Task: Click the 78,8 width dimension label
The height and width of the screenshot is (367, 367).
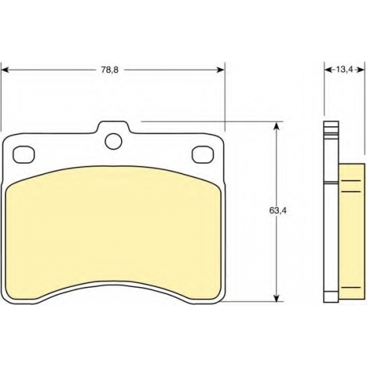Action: [110, 70]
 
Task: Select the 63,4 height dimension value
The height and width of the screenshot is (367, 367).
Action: [277, 211]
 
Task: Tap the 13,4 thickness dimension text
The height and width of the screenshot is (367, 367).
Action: [344, 70]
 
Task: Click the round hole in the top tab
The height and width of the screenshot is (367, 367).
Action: [114, 141]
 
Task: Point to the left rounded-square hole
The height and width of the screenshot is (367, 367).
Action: [23, 155]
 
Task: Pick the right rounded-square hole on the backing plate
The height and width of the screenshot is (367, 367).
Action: [203, 155]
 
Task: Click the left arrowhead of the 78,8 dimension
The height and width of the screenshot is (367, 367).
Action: [5, 70]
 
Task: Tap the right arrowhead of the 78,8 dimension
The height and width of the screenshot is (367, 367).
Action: [221, 70]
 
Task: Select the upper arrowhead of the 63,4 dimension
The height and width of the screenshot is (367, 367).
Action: [276, 126]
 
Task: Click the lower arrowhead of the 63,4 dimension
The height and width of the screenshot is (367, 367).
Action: [276, 297]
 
